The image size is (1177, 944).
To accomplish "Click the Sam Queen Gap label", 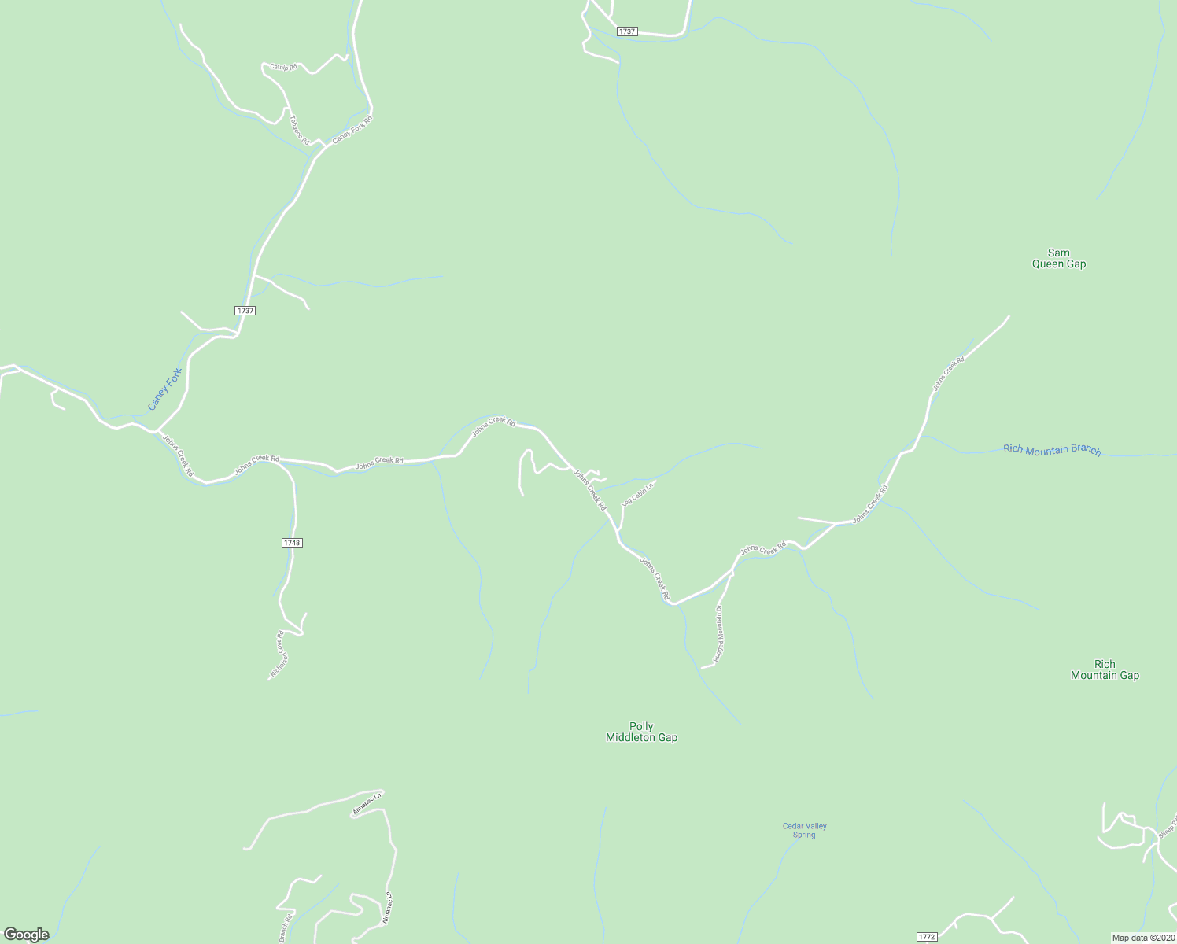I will (x=1058, y=259).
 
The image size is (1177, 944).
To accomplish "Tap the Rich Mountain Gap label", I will (x=1105, y=669).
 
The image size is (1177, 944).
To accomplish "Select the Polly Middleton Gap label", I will (x=641, y=732).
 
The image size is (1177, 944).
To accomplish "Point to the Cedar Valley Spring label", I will (x=804, y=830).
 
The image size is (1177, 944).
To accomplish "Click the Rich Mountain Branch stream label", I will (x=1052, y=449).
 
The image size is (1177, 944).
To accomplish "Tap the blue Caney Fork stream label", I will (x=164, y=389).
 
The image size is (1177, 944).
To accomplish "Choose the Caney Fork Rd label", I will (x=352, y=129).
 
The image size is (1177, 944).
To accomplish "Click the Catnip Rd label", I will (x=283, y=67).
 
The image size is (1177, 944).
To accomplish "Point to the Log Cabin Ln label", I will (x=638, y=493).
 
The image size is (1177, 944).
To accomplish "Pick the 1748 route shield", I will (x=291, y=543).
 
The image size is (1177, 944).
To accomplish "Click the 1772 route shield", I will (x=927, y=937).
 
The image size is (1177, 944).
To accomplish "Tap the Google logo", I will (x=26, y=935).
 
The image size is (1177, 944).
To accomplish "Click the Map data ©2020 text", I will (x=1142, y=938).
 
